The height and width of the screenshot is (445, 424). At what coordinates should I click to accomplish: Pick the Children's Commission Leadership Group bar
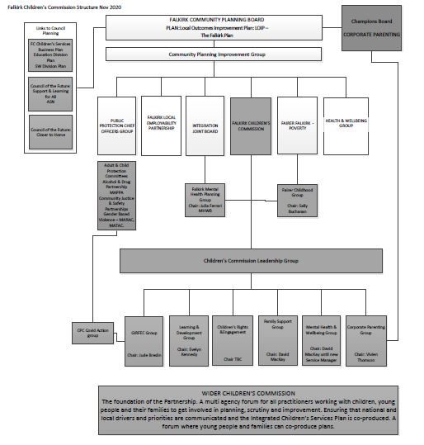pos(251,262)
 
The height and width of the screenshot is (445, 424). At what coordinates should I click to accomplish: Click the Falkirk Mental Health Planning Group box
pos(206,200)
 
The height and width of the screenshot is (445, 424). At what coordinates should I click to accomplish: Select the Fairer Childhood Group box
pos(295,201)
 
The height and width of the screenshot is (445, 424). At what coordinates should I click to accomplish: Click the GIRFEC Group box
pos(143,340)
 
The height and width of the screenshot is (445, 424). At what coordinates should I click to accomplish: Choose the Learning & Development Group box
pos(187,340)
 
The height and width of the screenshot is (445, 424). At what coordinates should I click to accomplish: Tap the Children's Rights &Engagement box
pos(231,340)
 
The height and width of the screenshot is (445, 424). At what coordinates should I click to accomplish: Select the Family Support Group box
pos(276,340)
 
